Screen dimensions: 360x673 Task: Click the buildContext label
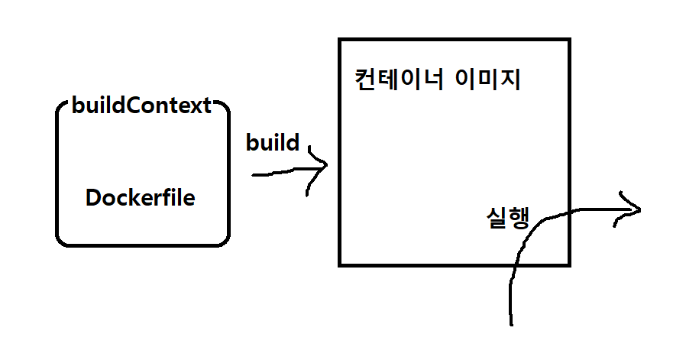tap(141, 105)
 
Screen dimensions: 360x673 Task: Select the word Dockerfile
tap(141, 199)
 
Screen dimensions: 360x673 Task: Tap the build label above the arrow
tap(273, 143)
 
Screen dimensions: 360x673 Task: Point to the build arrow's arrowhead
tap(326, 164)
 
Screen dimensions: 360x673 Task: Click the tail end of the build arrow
tap(254, 175)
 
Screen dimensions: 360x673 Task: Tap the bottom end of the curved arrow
tap(511, 323)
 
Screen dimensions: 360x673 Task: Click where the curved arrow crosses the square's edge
tap(569, 214)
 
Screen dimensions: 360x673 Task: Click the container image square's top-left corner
tap(341, 40)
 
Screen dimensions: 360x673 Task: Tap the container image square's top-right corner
tap(569, 40)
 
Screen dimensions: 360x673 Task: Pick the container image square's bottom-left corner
tap(341, 264)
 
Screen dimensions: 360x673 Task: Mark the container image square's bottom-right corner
tap(569, 264)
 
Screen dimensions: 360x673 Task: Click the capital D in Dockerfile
tap(93, 199)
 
